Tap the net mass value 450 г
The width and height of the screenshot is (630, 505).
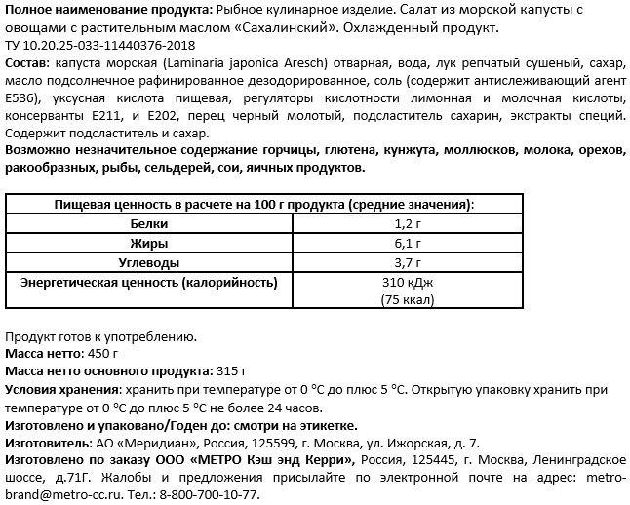coord(102,354)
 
